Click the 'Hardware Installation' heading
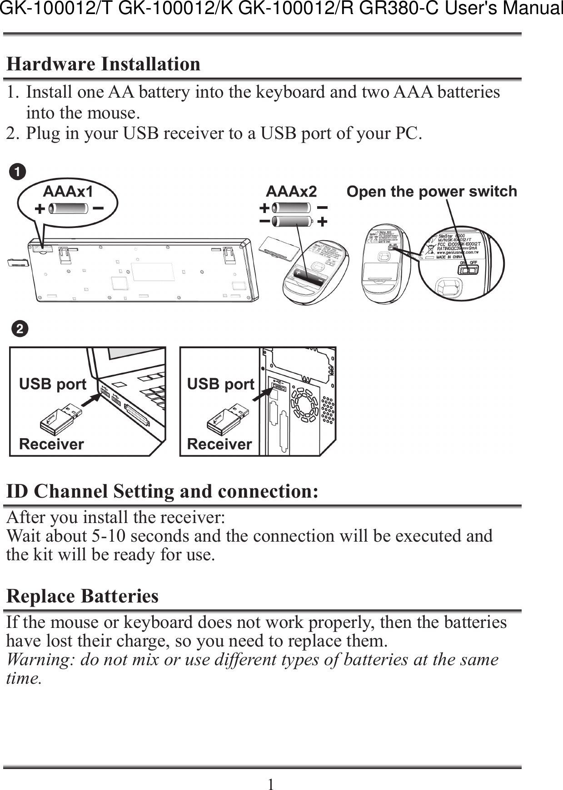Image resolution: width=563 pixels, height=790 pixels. (x=104, y=64)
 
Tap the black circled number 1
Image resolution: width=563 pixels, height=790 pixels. (x=18, y=173)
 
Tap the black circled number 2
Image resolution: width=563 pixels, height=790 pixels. (x=20, y=329)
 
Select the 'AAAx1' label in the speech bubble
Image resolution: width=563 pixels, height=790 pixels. (x=68, y=192)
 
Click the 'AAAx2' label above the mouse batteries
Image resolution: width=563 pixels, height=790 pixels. (x=291, y=192)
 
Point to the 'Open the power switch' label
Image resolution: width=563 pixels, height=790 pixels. (x=432, y=192)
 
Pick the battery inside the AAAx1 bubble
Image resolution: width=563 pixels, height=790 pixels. (x=68, y=209)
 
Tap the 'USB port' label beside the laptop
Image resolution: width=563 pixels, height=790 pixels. (x=53, y=384)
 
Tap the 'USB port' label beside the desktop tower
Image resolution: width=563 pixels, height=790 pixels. (x=220, y=384)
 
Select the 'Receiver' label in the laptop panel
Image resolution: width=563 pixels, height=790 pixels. (x=51, y=444)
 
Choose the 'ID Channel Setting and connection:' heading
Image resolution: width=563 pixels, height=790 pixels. (x=162, y=492)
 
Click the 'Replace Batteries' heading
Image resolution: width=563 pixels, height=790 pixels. (x=82, y=596)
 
